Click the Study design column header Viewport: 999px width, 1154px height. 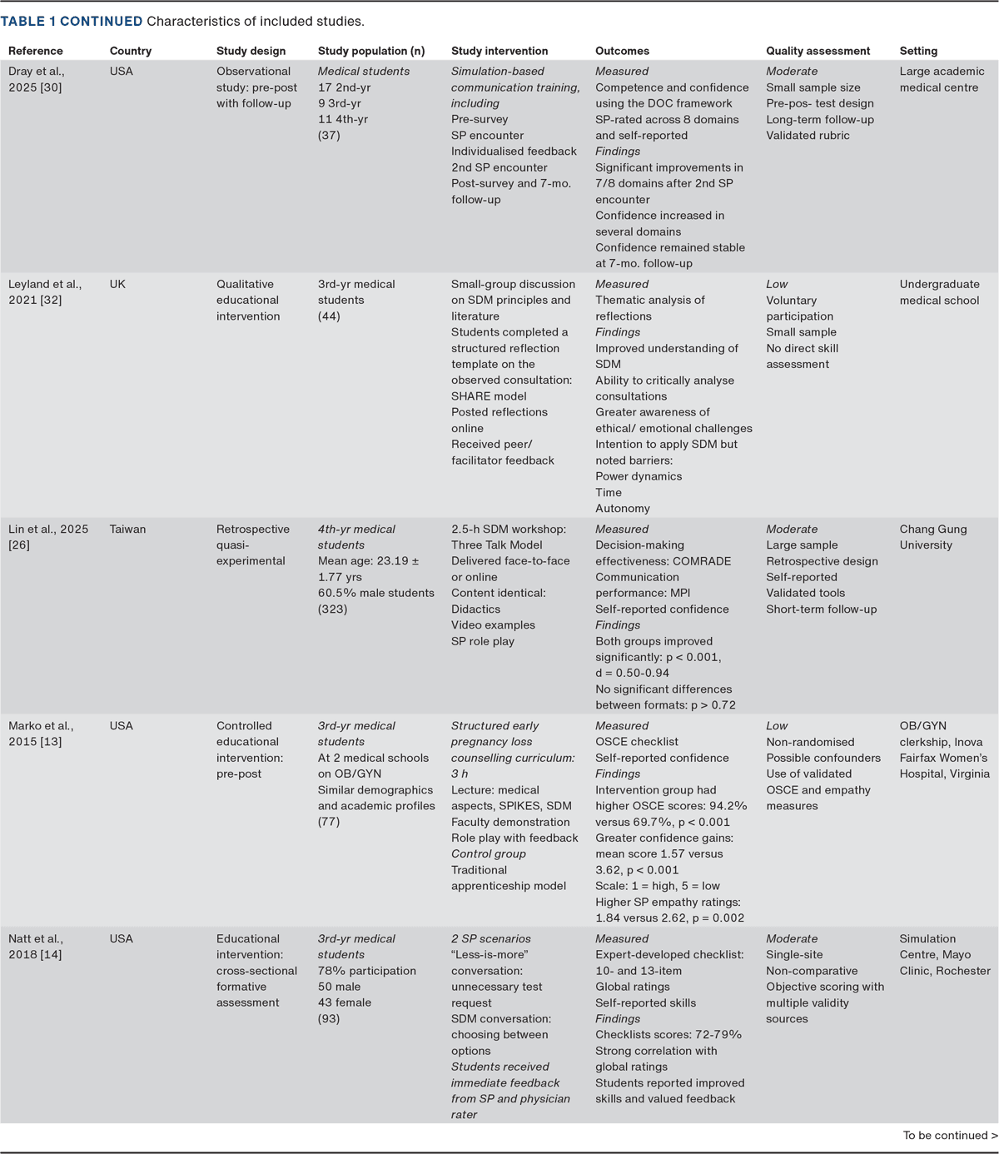tap(251, 51)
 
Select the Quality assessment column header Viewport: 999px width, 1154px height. tap(818, 51)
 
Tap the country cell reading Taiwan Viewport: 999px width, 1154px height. tap(127, 529)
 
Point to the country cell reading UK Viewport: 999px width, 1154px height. tap(117, 284)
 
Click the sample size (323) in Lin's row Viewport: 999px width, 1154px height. tap(332, 609)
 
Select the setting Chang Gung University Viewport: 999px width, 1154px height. tap(932, 537)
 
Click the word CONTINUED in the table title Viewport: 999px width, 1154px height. tap(101, 21)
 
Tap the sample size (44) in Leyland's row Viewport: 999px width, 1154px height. tap(329, 316)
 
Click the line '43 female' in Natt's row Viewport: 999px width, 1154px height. tap(344, 1002)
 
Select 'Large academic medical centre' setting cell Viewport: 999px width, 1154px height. tap(941, 79)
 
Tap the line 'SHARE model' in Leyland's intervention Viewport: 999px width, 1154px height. tap(489, 396)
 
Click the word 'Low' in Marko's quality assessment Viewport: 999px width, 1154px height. tap(777, 726)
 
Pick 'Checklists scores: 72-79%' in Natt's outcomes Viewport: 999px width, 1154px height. tap(668, 1034)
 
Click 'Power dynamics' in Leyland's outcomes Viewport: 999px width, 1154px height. tap(639, 476)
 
